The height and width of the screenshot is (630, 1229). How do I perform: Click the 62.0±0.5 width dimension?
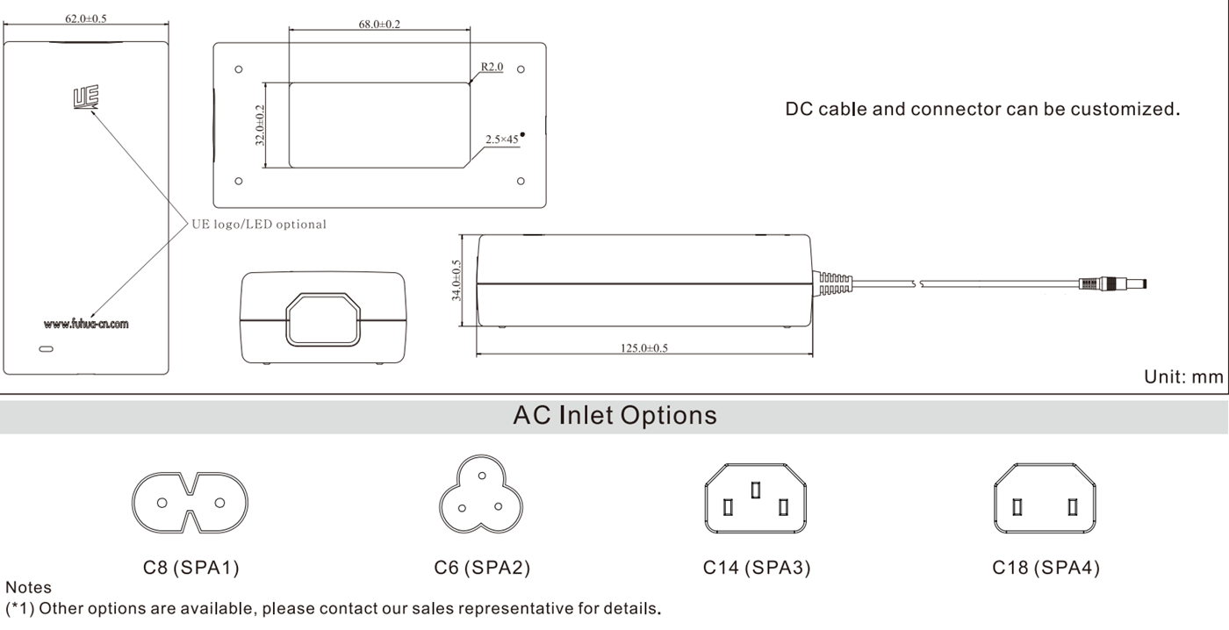[x=86, y=18]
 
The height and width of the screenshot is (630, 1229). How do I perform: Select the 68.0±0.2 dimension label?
[x=379, y=24]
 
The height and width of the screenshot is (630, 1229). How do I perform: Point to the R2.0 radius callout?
[x=492, y=67]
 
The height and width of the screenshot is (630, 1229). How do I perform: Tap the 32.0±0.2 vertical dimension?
[x=260, y=125]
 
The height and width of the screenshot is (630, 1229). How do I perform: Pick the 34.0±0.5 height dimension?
[x=456, y=280]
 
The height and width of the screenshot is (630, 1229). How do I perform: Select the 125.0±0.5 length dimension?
[x=644, y=348]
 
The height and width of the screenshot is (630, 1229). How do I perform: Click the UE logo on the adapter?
[x=86, y=97]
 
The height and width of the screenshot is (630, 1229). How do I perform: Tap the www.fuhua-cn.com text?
[x=86, y=324]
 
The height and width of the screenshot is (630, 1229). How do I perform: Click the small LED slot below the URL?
[x=46, y=348]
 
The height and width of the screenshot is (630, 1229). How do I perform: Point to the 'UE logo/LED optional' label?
[x=259, y=225]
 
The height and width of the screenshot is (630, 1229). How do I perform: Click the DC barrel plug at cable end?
[x=1113, y=283]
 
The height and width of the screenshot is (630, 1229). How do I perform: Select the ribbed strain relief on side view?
[x=832, y=283]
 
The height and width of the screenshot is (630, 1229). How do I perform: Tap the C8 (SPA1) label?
[x=191, y=568]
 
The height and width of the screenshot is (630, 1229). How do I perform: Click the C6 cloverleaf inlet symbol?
[x=481, y=494]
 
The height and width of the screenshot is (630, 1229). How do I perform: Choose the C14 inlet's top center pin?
[x=756, y=490]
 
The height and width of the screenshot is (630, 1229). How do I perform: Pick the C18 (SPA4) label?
[x=1046, y=568]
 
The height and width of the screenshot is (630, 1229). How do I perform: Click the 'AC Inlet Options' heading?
[x=615, y=415]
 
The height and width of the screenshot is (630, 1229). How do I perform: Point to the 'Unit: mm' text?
[x=1183, y=376]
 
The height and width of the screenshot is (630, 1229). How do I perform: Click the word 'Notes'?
[x=28, y=587]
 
